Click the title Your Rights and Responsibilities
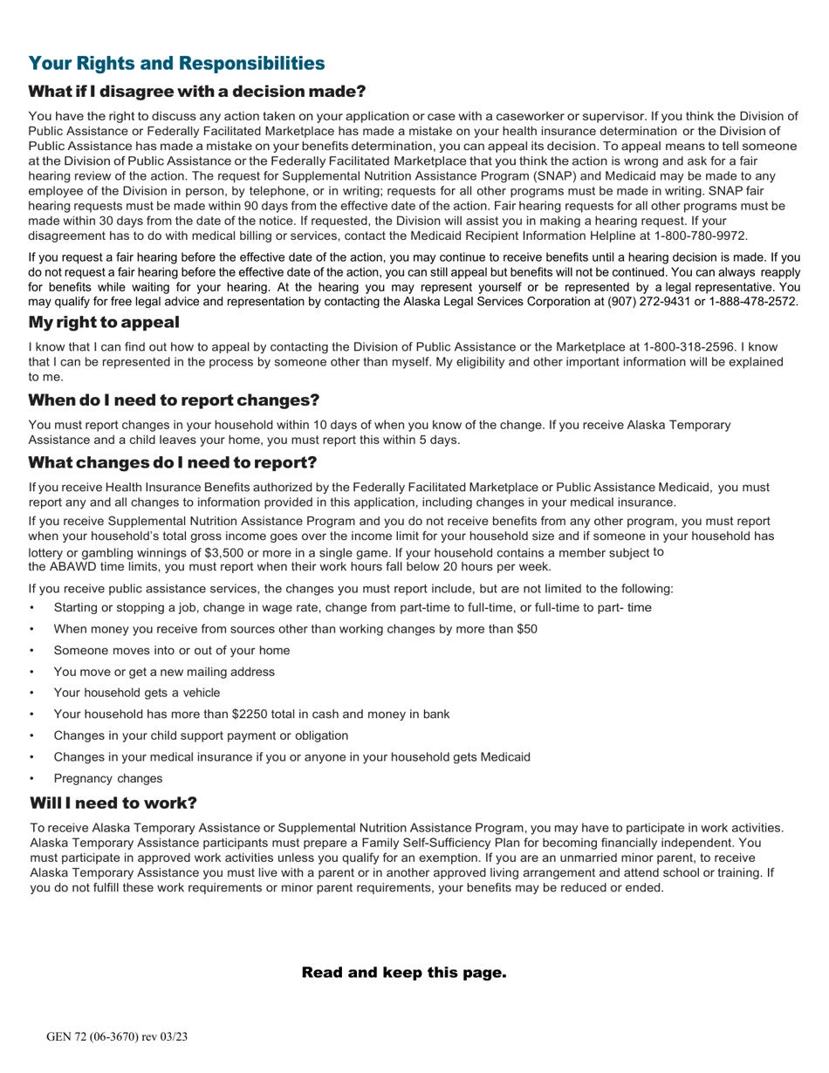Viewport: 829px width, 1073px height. (176, 63)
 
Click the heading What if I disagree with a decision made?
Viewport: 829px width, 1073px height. (197, 92)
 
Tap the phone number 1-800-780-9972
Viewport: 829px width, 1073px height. (704, 236)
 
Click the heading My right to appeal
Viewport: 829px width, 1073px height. (104, 322)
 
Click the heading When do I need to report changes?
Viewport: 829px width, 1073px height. (174, 400)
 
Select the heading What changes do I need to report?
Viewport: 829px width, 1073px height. (173, 461)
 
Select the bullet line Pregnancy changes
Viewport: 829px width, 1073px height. (107, 778)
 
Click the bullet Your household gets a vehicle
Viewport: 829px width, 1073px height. (137, 693)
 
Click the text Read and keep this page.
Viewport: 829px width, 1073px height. (404, 972)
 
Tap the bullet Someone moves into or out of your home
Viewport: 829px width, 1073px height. (172, 650)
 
